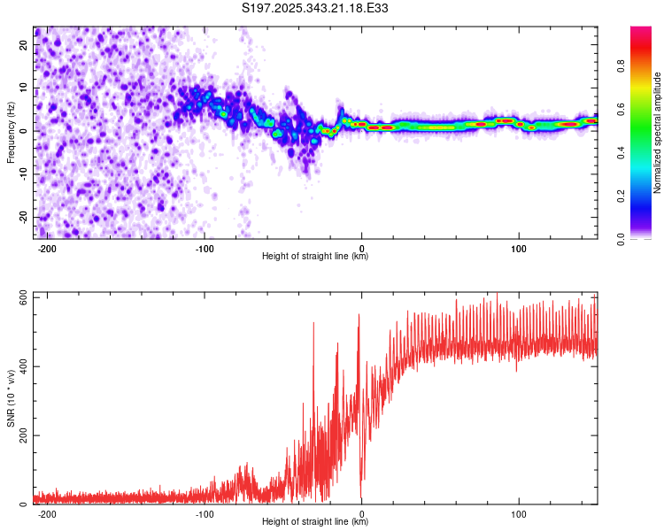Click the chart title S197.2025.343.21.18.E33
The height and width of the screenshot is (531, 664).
pos(316,9)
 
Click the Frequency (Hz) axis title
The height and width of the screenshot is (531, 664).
pos(11,132)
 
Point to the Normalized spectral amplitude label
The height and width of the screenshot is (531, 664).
pos(657,132)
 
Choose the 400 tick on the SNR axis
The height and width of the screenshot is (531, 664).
pos(19,366)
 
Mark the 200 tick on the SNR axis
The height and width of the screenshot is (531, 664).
pos(19,435)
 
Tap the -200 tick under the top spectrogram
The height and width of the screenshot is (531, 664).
pos(48,247)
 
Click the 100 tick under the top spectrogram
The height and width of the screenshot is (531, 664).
pos(519,247)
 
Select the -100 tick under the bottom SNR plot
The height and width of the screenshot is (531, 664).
pos(205,513)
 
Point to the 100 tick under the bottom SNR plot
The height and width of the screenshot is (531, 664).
pos(519,513)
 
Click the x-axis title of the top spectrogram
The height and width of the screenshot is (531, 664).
pos(315,257)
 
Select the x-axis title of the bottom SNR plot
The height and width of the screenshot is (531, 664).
pos(315,522)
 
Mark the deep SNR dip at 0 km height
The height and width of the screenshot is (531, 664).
pos(361,497)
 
